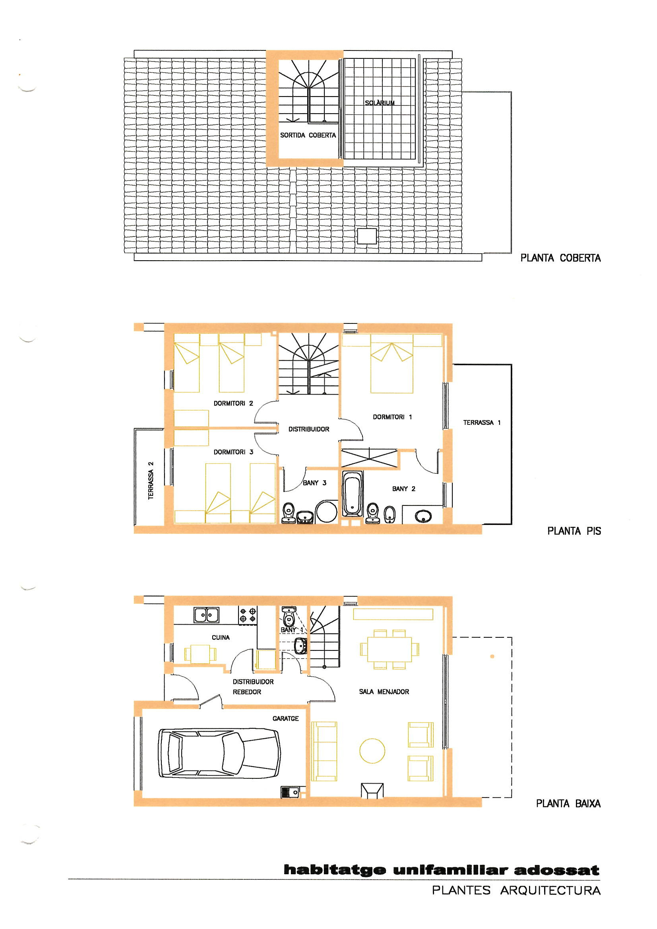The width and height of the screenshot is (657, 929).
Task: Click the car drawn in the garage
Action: (219, 753)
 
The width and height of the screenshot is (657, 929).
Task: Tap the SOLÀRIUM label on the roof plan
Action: (380, 103)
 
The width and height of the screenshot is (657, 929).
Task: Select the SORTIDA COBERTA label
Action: (308, 135)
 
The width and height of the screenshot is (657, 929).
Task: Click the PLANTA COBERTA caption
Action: (561, 258)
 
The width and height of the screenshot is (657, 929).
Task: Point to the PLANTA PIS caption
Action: (574, 531)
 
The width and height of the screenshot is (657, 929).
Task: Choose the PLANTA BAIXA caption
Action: (568, 803)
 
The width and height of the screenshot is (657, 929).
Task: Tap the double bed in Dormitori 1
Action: (392, 364)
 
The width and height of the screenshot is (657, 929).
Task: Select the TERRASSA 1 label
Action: (482, 422)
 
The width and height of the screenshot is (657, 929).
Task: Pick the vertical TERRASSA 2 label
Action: (151, 480)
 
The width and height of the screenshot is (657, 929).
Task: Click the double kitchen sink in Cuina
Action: (206, 615)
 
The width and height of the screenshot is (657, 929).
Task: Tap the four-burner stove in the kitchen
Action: (248, 615)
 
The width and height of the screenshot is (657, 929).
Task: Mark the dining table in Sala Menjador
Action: (390, 649)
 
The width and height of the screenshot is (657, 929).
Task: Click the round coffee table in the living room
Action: (372, 751)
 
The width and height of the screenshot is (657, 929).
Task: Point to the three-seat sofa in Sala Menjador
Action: (324, 751)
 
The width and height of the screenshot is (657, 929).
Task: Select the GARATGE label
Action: (285, 718)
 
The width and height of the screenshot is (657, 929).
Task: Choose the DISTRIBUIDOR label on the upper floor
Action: (309, 429)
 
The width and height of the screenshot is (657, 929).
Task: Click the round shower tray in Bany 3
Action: (326, 512)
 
